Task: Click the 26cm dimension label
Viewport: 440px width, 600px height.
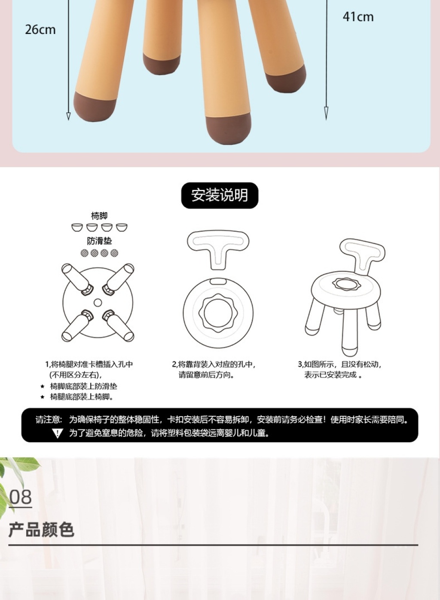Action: point(40,30)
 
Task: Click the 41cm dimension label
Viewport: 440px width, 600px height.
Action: point(358,17)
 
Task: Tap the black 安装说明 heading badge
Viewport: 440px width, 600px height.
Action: point(220,195)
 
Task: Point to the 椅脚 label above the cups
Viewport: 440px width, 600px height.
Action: point(99,216)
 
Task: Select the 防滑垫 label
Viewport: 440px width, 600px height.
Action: point(99,241)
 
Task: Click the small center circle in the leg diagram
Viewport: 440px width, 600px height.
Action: point(98,303)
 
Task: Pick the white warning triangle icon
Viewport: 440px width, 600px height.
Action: point(57,433)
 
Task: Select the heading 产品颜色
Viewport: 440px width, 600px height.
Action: point(41,530)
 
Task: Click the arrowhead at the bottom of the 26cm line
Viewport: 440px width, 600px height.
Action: point(68,116)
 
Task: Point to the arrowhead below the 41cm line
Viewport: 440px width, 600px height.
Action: point(326,113)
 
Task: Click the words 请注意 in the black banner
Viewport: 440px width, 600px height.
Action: point(49,419)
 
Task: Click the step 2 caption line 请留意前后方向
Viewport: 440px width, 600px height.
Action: point(206,375)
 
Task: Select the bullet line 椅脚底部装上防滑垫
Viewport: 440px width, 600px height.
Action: point(83,386)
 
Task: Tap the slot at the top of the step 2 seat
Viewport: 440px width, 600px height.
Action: point(217,281)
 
